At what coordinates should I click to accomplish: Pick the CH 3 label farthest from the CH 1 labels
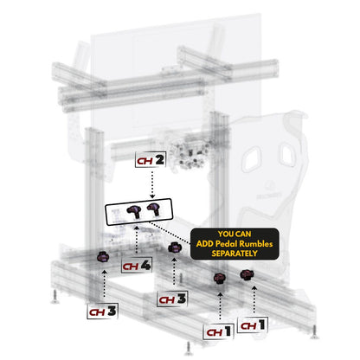103,308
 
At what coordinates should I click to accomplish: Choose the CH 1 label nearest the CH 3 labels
218,331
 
